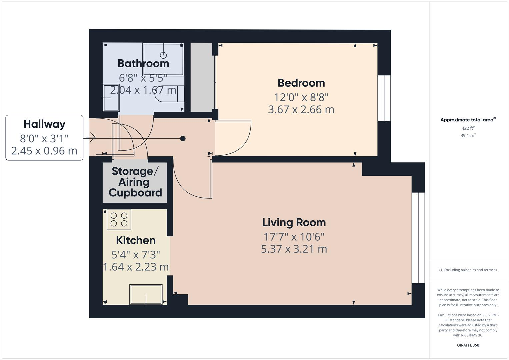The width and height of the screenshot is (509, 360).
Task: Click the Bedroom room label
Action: pos(301,83)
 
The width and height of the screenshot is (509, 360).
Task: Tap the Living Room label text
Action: pos(294,223)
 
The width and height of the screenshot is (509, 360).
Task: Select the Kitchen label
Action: pos(136,240)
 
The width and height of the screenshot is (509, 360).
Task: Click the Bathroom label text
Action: pos(143,63)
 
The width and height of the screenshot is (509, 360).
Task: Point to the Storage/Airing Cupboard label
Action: pos(135,182)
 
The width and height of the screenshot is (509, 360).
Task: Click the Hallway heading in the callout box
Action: pos(44,124)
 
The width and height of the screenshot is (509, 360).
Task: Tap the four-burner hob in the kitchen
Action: pos(119,219)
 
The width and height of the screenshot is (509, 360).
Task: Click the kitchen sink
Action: pos(146,294)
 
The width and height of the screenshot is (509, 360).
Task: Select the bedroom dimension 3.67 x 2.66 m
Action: pos(301,110)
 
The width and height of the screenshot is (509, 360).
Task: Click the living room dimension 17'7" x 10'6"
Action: pos(294,237)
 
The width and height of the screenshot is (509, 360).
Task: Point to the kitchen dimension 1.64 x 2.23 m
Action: pos(136,267)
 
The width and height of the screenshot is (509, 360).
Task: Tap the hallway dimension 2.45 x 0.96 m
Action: pos(44,151)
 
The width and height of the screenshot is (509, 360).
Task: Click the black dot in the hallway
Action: pos(183,139)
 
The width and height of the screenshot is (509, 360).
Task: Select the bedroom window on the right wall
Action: pos(384,98)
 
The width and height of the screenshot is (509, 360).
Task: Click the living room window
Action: pos(418,238)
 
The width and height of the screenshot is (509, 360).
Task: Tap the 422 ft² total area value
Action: pos(468,128)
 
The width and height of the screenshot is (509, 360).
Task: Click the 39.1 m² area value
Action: pos(468,135)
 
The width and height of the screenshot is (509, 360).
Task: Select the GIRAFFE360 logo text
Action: pos(468,345)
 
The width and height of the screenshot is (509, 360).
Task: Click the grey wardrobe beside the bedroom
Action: pos(201,77)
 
